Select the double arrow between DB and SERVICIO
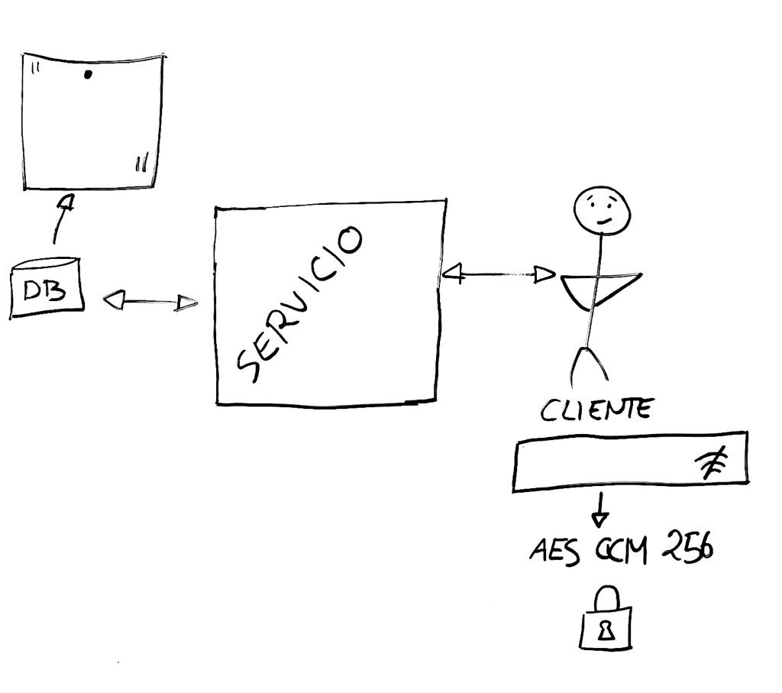pyautogui.click(x=150, y=303)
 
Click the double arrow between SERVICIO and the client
pyautogui.click(x=498, y=274)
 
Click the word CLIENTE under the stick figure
pyautogui.click(x=596, y=410)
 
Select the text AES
pyautogui.click(x=550, y=550)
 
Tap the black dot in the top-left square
pyautogui.click(x=88, y=74)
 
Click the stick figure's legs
pyautogui.click(x=590, y=364)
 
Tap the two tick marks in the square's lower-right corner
pyautogui.click(x=141, y=164)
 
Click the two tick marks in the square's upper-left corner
pyautogui.click(x=35, y=67)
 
